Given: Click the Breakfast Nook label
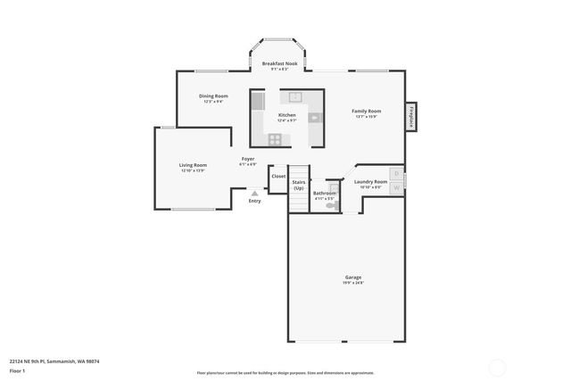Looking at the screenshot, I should click(279, 64).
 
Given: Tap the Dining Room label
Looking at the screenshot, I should click(213, 95).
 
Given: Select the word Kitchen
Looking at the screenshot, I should click(286, 115).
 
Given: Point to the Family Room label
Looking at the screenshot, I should click(366, 111).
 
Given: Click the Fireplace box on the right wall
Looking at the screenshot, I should click(410, 117).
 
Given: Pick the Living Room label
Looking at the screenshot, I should click(194, 164).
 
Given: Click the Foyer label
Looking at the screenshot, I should click(248, 159).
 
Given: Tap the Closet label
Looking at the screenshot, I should click(278, 177).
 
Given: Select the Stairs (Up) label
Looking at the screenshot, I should click(298, 185).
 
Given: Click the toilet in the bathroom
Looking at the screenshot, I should click(332, 205).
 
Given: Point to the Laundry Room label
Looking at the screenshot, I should click(370, 181).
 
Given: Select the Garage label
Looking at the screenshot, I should click(353, 277).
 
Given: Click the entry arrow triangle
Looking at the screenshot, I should click(254, 193).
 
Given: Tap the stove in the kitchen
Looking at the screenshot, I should click(275, 138).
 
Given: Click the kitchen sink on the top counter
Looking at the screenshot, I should click(293, 97).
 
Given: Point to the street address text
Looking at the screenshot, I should click(54, 361).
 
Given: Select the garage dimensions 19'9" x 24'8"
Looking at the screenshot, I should click(353, 283).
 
